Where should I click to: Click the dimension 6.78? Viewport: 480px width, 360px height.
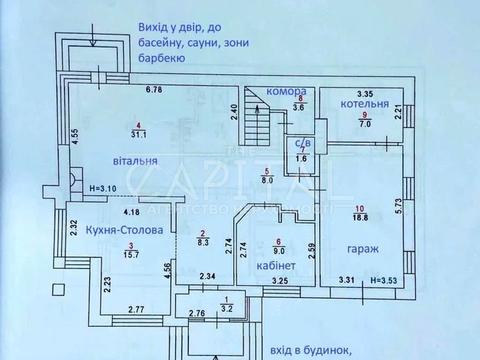point(153,91)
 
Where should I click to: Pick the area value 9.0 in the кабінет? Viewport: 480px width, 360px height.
point(278,252)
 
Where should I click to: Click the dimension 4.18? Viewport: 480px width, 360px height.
point(130,211)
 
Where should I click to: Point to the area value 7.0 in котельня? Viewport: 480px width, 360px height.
point(364,125)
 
